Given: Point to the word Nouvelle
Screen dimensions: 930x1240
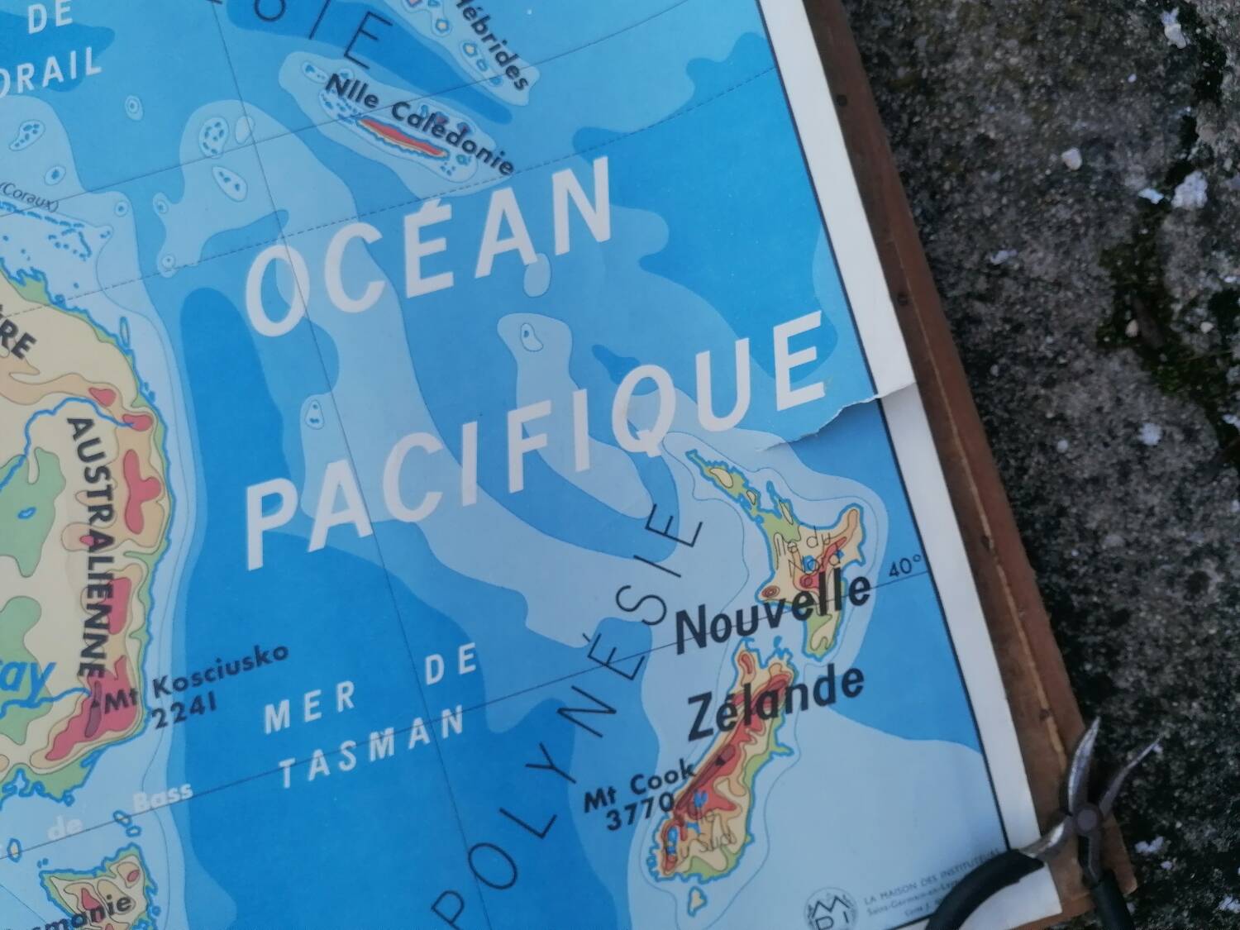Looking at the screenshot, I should pyautogui.click(x=773, y=612).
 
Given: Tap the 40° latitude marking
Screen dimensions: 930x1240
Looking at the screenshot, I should pyautogui.click(x=908, y=570).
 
